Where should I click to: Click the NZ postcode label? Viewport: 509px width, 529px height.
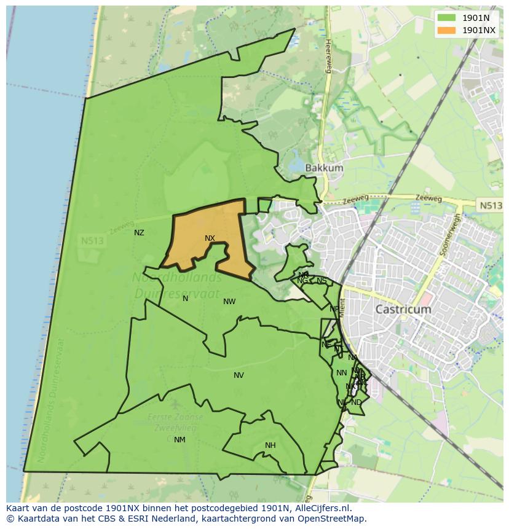click(139, 233)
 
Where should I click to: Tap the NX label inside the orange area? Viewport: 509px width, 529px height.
click(210, 238)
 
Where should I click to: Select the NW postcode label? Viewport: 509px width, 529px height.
click(229, 302)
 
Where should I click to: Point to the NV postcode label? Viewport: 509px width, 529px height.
click(239, 375)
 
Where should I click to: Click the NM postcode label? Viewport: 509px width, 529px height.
click(180, 440)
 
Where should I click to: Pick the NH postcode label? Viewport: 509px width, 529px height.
click(270, 445)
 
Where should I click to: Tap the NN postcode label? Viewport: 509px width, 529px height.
click(341, 373)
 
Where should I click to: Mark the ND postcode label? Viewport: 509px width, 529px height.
click(357, 402)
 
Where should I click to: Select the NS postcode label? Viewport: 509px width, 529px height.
click(322, 281)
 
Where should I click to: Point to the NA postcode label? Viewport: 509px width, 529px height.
click(352, 358)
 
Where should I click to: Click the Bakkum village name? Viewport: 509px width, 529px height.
click(324, 168)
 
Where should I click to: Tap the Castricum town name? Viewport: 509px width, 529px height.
click(403, 310)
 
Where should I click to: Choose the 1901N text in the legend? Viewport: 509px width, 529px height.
click(476, 18)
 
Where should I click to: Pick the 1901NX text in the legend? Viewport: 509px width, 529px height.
click(479, 30)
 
